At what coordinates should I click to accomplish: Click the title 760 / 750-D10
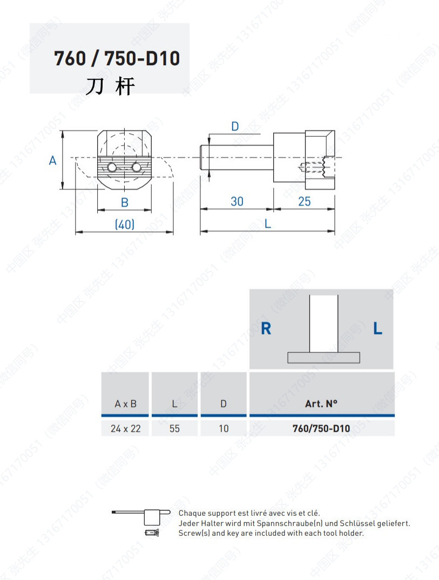117,58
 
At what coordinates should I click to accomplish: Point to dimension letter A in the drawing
53,160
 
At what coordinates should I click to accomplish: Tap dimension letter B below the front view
124,203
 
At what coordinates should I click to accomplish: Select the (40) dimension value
125,224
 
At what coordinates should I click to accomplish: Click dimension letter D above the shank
235,126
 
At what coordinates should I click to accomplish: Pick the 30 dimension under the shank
237,201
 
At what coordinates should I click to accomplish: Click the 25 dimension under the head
304,201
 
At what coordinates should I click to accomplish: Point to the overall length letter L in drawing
267,224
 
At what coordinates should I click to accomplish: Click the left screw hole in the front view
111,168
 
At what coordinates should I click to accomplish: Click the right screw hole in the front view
136,168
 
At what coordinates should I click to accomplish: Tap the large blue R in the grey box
266,328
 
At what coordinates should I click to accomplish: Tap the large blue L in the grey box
377,328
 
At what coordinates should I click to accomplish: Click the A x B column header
125,404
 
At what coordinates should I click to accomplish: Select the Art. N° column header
321,404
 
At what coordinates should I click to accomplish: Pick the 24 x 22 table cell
125,428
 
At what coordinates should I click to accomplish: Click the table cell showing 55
174,428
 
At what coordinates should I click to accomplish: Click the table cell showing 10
224,428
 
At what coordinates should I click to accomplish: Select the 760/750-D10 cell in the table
321,428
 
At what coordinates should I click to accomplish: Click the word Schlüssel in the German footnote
356,523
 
